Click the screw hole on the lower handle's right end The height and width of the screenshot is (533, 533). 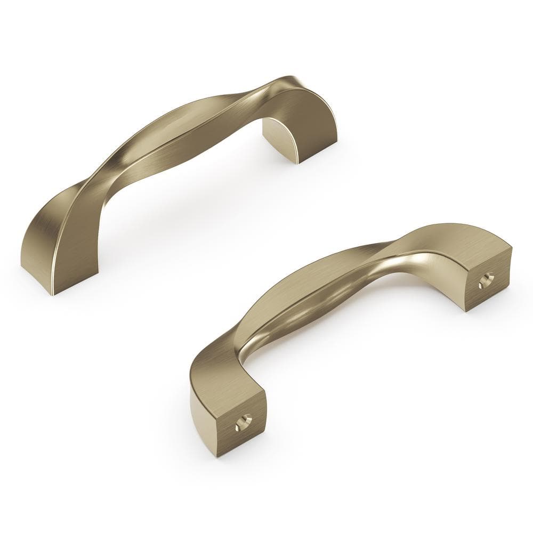point(486,280)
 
